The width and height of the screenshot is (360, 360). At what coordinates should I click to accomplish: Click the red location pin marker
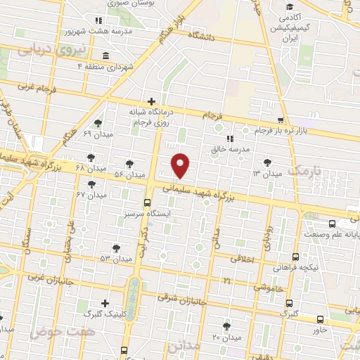181,166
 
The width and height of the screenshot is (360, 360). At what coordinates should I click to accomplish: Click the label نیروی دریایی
51,50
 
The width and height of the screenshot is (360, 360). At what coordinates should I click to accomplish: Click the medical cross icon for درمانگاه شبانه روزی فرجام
152,101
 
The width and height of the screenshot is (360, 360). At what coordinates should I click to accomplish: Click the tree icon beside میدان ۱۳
266,162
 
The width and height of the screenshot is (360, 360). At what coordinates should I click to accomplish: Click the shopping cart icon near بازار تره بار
281,120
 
